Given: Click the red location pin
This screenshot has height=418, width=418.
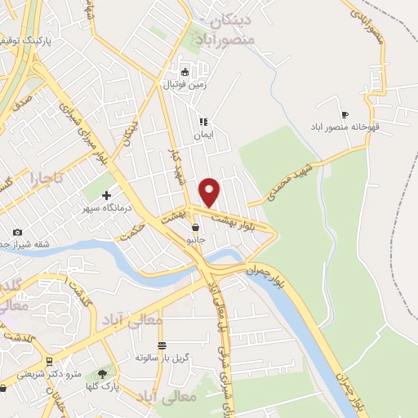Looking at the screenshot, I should [210, 191].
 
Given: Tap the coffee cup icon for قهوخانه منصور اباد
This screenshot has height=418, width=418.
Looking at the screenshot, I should [344, 114].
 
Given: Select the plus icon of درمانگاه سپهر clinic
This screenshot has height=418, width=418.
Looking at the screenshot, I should [107, 195].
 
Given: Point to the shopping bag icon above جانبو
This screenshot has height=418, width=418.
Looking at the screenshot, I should [195, 228].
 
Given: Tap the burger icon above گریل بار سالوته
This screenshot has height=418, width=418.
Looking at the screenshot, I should [162, 345].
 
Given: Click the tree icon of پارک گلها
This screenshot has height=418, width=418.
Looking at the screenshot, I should [102, 372].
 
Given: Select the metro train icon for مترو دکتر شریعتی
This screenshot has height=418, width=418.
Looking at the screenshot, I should [51, 361].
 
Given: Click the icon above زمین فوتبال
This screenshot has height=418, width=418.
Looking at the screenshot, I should [185, 71].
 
